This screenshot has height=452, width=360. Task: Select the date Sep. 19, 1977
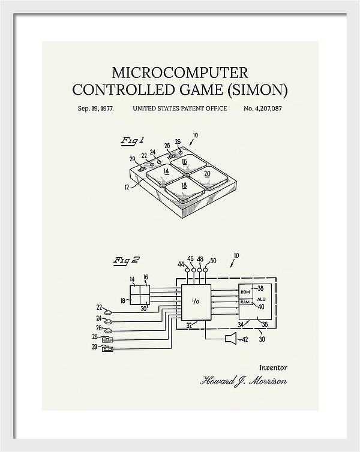point(96,109)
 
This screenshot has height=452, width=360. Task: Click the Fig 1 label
point(132,141)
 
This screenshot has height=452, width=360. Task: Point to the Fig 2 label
point(126,261)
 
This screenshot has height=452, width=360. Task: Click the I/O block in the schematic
point(196,302)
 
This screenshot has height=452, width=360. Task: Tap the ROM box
point(245,292)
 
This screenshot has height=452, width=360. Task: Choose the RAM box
point(245,302)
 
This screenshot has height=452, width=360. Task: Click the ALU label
point(261,299)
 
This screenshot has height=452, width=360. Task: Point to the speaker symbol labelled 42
point(231,338)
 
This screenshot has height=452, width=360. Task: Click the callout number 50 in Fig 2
point(213,261)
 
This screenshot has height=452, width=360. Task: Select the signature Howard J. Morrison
point(244,381)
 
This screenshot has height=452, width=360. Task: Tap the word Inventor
point(273,367)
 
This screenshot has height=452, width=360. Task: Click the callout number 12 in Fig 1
point(127,187)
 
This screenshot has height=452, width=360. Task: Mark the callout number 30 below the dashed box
point(262,339)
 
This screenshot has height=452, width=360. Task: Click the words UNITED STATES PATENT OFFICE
point(180,109)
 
